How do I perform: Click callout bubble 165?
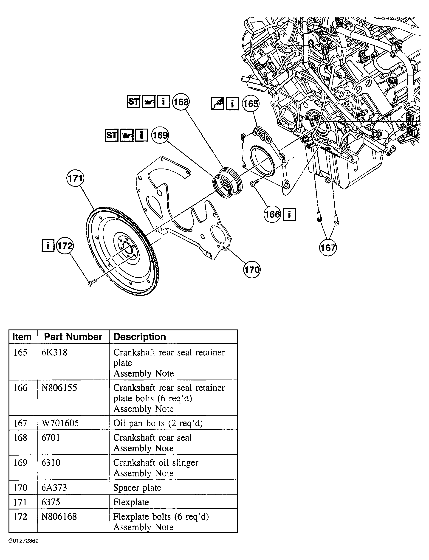point(251,104)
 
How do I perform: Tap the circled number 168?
point(181,102)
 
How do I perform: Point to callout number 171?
point(75,178)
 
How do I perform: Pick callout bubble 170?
point(252,270)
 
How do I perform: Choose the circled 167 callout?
point(328,247)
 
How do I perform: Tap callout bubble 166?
point(272,214)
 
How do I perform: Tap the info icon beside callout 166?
point(289,214)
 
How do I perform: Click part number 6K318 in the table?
point(54,352)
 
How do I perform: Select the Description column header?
point(140,337)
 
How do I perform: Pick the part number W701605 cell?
point(60,423)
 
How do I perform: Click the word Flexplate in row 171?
point(131,502)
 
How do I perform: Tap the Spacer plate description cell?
point(137,487)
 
